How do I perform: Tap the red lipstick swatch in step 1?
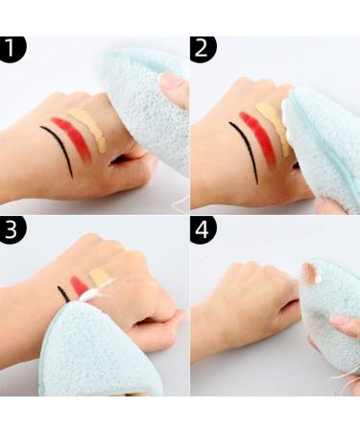pyautogui.click(x=75, y=137)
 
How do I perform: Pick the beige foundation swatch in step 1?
pyautogui.click(x=93, y=127)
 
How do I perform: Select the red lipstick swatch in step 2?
pyautogui.click(x=261, y=138)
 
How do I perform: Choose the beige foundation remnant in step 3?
pyautogui.click(x=99, y=277)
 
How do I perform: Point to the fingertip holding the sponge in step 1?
pyautogui.click(x=174, y=89)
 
